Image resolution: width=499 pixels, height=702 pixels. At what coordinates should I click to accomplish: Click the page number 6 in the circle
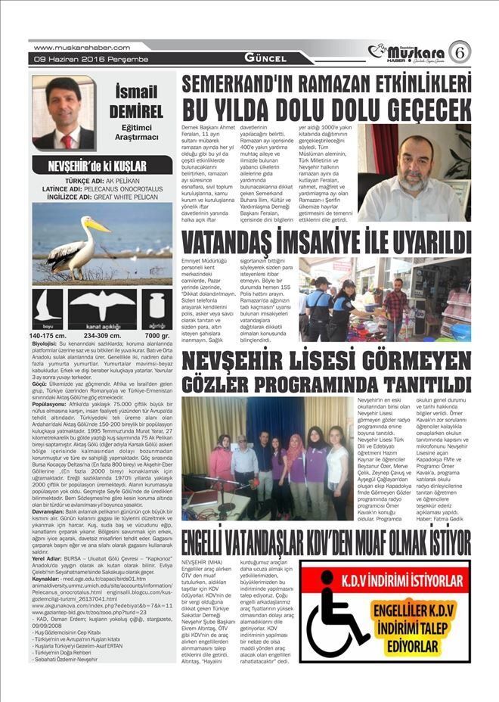pos(458,51)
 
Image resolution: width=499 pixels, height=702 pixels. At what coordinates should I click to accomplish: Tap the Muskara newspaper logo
pos(408,51)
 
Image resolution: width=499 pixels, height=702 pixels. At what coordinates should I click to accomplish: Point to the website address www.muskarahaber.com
pos(74,47)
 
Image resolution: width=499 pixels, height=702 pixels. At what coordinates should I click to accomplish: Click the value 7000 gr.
pos(157,335)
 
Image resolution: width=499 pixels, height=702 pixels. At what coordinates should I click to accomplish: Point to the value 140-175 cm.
pos(48,335)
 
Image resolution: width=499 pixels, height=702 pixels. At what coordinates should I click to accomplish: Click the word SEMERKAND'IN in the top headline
pos(249,82)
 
